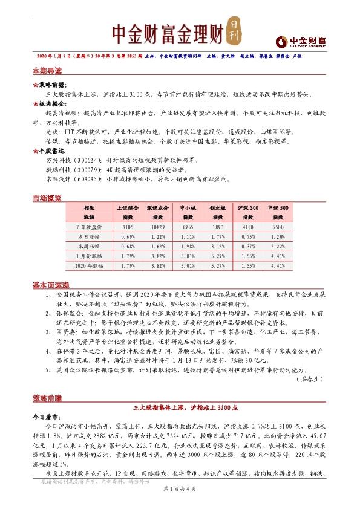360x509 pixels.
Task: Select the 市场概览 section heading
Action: point(47,198)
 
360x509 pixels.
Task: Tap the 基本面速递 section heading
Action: point(51,285)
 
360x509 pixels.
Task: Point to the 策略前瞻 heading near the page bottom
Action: point(47,400)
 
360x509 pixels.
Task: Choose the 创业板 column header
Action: point(218,207)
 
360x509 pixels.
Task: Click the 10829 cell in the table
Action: point(158,226)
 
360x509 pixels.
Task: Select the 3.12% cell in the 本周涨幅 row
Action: point(218,246)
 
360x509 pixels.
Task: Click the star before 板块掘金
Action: point(35,104)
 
